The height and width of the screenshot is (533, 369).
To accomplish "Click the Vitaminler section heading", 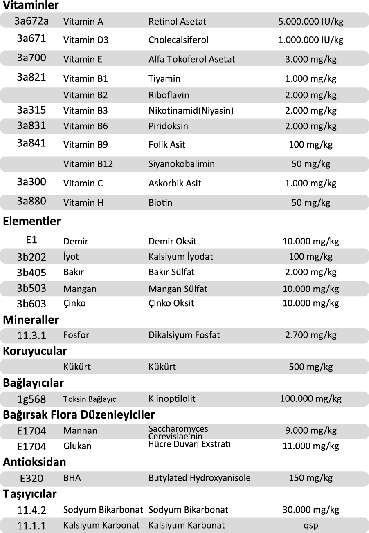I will tap(31, 5).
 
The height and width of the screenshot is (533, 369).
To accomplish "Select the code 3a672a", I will tap(31, 20).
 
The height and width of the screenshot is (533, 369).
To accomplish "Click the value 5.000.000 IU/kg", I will tap(310, 21).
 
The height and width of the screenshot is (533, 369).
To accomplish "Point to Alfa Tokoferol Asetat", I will tap(191, 59).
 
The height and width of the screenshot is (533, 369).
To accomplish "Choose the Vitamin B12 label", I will tap(88, 164).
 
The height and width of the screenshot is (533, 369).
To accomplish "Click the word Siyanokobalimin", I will tap(181, 164).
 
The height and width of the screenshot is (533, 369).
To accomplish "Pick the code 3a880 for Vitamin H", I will tap(31, 201).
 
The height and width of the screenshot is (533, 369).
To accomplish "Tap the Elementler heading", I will tap(32, 222).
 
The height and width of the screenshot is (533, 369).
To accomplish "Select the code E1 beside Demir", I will tap(31, 240).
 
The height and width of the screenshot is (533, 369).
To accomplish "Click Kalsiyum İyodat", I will tap(180, 257).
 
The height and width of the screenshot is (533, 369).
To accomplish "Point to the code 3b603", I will tap(32, 304).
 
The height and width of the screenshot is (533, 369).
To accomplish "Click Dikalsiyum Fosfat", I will tap(184, 335).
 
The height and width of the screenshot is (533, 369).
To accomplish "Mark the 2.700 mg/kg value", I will tap(310, 335).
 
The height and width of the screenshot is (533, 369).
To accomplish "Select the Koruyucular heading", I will tap(35, 351).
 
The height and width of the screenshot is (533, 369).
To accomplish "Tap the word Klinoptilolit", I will tap(172, 399).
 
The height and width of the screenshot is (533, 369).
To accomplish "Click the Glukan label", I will tap(77, 446).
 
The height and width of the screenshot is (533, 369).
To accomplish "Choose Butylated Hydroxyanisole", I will tap(199, 478).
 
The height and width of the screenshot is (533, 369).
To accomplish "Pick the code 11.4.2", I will tap(32, 510).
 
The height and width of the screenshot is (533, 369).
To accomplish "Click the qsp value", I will tap(310, 526).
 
